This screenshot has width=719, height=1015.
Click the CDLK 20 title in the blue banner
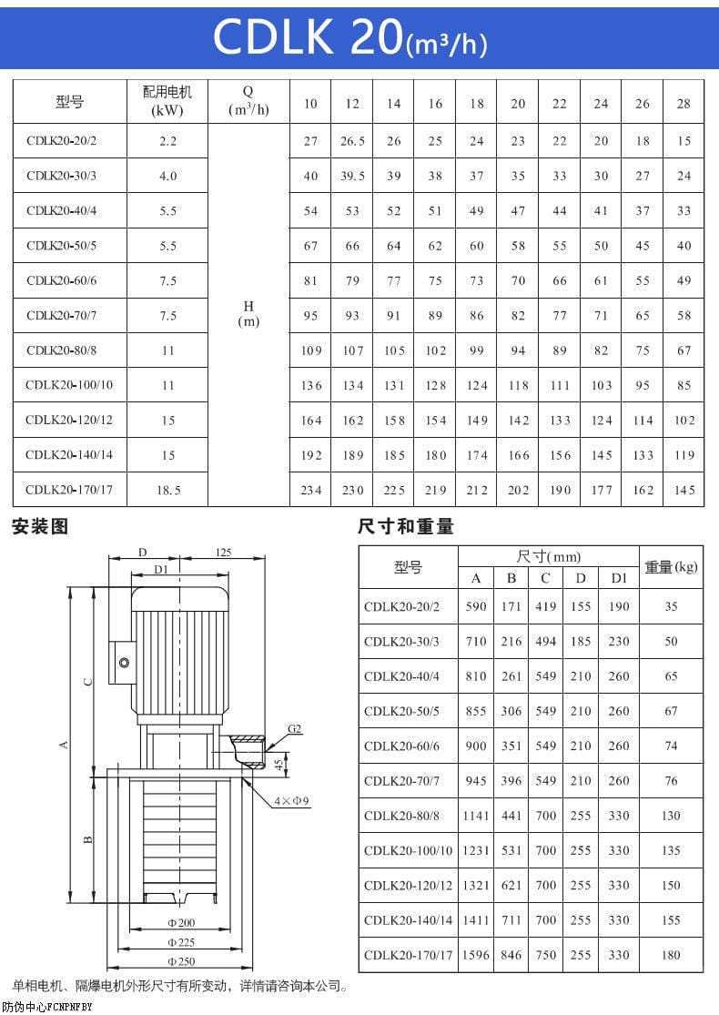click(349, 37)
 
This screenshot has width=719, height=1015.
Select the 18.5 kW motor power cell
click(168, 490)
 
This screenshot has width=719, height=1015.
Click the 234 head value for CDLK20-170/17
click(311, 490)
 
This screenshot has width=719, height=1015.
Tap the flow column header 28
click(684, 103)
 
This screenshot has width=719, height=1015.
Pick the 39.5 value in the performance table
click(352, 176)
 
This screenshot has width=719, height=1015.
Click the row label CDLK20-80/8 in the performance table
click(62, 350)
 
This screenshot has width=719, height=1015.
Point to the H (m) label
click(248, 315)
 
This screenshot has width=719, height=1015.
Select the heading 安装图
click(40, 526)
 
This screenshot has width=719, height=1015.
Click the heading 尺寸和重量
click(406, 526)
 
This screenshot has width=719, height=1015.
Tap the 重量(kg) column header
click(671, 567)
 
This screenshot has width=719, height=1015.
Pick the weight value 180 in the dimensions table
click(671, 955)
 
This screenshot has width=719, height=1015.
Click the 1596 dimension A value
click(476, 955)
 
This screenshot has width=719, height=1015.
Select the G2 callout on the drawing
click(294, 729)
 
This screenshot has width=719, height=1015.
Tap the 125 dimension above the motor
click(223, 552)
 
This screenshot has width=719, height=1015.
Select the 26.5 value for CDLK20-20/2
click(352, 141)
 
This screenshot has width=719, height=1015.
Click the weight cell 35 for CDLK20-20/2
click(671, 606)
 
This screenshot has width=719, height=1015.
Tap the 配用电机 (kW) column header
click(168, 102)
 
